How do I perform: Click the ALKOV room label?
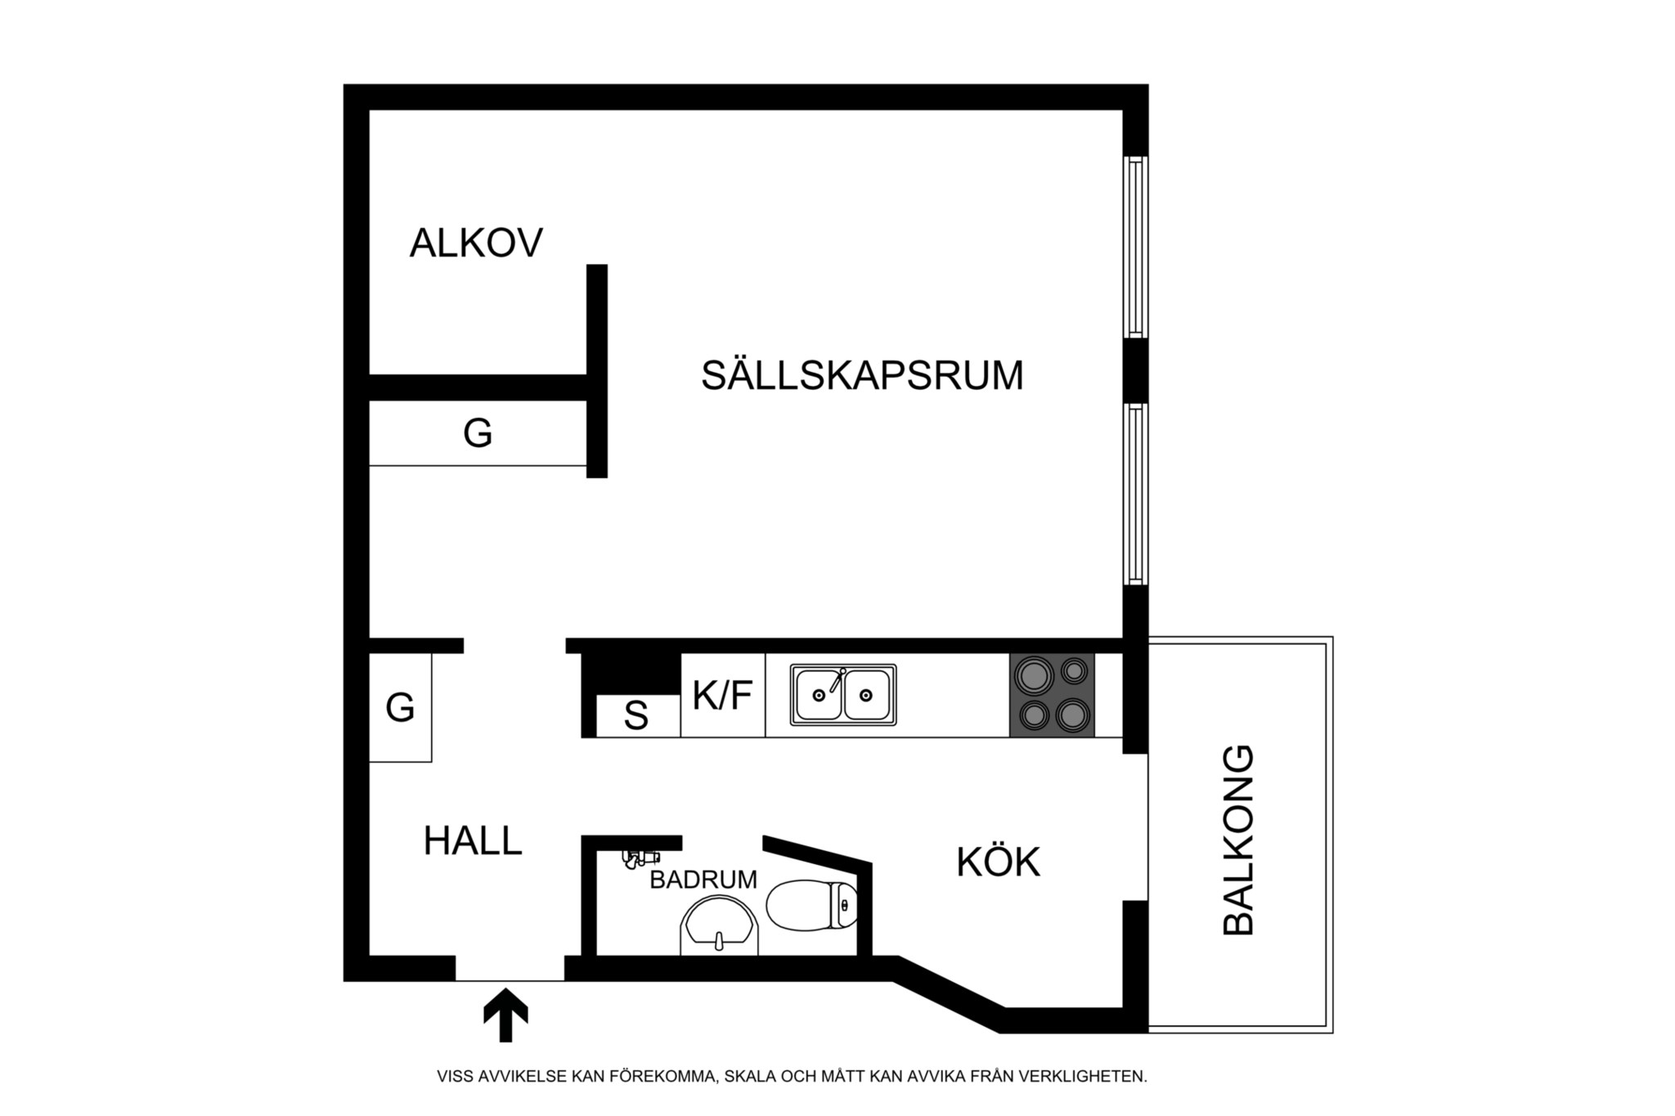(x=476, y=243)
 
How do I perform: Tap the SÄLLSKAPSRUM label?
(x=862, y=375)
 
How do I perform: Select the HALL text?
(x=473, y=841)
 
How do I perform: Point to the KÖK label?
(x=998, y=863)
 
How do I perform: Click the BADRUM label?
(x=703, y=880)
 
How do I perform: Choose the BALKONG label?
(x=1237, y=840)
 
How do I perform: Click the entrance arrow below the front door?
(x=505, y=1015)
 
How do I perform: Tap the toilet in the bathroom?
(x=811, y=905)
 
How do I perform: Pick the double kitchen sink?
(x=843, y=695)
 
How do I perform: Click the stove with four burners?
(x=1052, y=695)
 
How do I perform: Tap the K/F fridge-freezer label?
(x=722, y=696)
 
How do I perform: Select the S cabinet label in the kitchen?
(x=636, y=717)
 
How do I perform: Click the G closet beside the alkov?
(x=478, y=433)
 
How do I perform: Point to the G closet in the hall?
(x=400, y=707)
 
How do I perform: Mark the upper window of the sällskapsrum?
(x=1135, y=246)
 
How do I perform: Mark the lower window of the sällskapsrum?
(x=1135, y=493)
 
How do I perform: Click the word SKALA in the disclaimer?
(x=751, y=1076)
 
